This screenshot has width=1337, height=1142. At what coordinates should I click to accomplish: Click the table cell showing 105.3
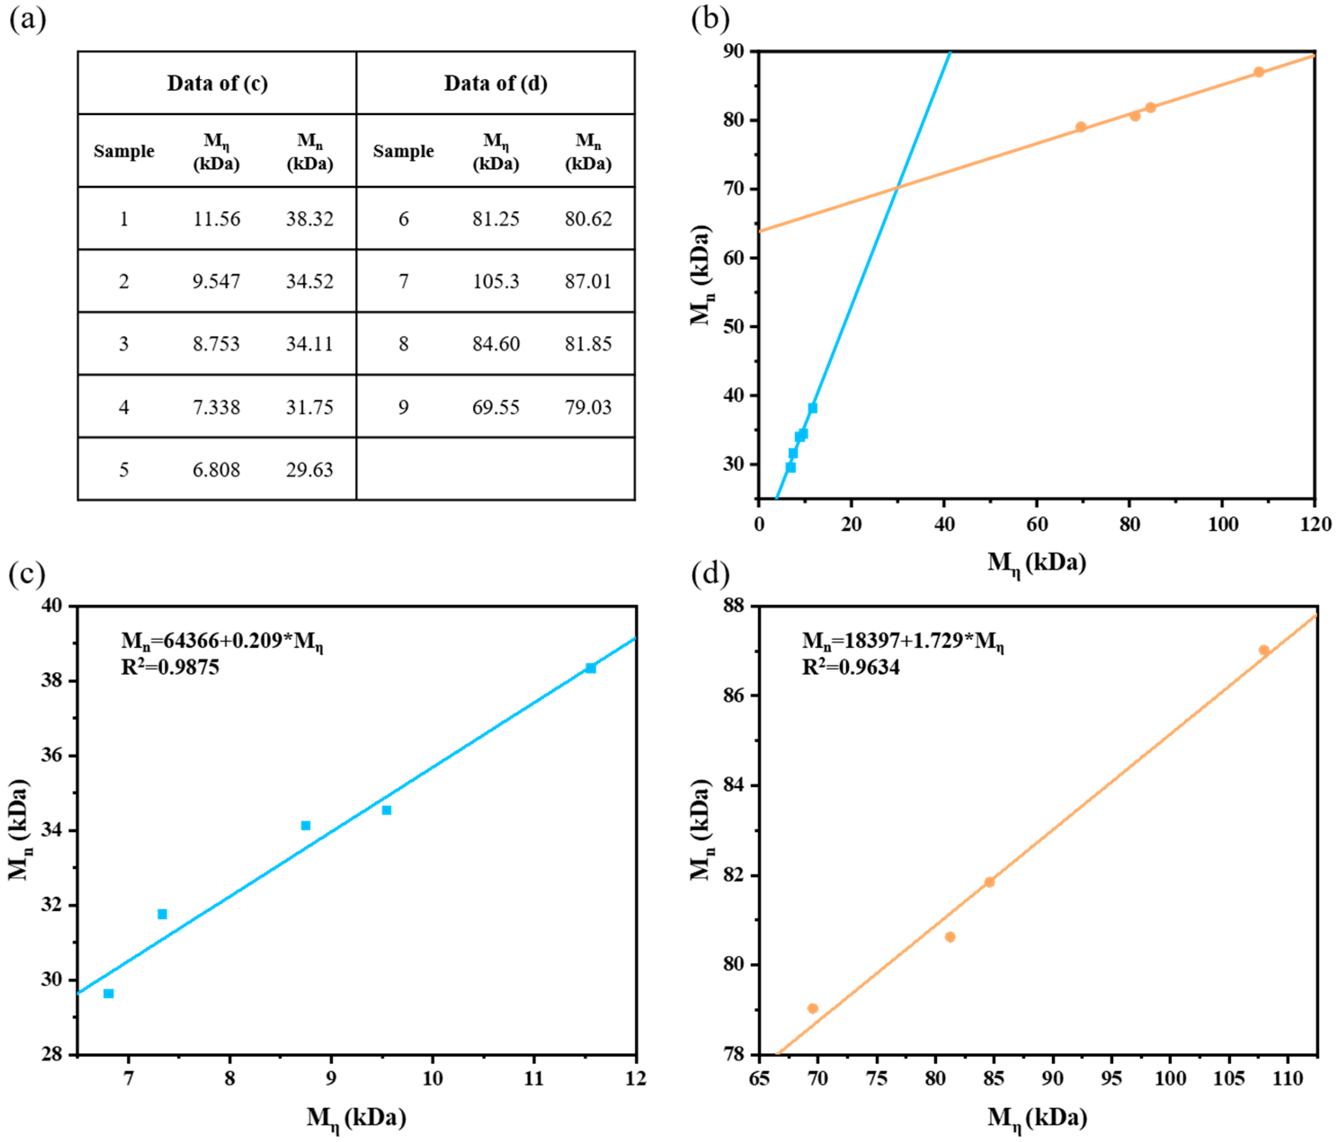click(x=496, y=281)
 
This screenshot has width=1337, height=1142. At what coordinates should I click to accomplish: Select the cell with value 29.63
click(x=310, y=470)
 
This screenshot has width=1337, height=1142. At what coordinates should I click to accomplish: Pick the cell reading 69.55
click(x=496, y=407)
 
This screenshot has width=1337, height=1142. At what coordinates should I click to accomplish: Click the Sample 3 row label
click(x=124, y=344)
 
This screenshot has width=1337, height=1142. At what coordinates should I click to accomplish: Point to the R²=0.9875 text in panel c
click(x=170, y=667)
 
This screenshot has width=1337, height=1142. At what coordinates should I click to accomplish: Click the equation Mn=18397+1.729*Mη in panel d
click(x=903, y=642)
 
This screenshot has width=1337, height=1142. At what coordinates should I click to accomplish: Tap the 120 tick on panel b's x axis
click(x=1315, y=524)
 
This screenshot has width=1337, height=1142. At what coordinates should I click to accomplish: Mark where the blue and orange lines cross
click(x=897, y=188)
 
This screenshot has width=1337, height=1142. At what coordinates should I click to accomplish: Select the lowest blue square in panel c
click(x=108, y=994)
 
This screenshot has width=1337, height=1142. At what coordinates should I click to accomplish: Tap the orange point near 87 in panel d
click(x=1263, y=651)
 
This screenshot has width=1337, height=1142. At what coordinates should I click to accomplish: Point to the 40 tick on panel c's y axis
click(x=52, y=606)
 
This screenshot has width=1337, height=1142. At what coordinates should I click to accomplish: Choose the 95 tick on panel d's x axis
click(x=1111, y=1079)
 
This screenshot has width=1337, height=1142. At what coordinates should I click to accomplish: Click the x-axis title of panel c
click(x=356, y=1117)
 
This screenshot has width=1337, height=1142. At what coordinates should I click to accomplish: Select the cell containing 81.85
click(x=588, y=344)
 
